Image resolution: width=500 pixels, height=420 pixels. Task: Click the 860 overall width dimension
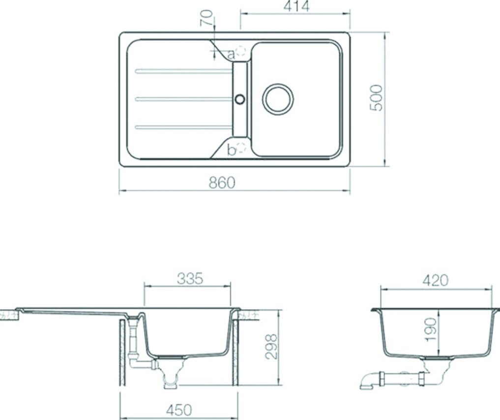(x=222, y=183)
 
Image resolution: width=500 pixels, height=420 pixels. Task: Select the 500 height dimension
(x=376, y=98)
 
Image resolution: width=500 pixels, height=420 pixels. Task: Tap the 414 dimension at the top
(x=296, y=6)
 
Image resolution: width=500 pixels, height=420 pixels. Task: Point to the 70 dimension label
(x=206, y=18)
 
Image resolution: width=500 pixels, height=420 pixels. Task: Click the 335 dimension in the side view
(x=190, y=279)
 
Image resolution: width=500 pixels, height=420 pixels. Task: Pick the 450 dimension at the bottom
(x=179, y=410)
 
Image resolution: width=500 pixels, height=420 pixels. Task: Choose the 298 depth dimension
(x=272, y=347)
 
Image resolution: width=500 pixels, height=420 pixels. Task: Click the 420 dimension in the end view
(x=435, y=281)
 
